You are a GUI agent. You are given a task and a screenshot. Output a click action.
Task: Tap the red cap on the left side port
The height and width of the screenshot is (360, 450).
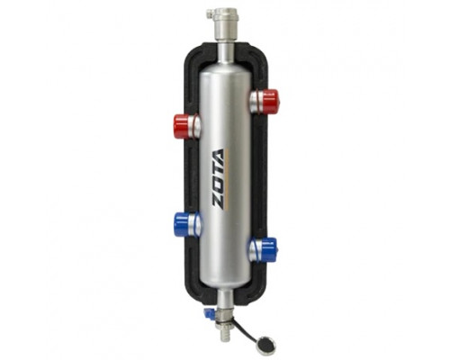pyautogui.click(x=182, y=126)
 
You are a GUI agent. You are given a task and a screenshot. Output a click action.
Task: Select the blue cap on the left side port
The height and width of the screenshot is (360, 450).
pyautogui.click(x=182, y=223)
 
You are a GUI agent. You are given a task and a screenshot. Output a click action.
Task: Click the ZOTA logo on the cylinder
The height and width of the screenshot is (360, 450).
pyautogui.click(x=219, y=178)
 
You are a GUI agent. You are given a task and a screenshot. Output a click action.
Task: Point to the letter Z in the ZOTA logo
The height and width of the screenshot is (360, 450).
pyautogui.click(x=219, y=200)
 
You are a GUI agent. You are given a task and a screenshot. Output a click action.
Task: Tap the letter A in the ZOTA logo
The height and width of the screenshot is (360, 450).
pyautogui.click(x=219, y=156)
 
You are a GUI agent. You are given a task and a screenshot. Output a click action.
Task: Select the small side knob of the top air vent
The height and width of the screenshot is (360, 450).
pyautogui.click(x=210, y=13)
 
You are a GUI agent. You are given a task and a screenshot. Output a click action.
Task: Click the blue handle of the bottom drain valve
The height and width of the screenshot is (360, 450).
pyautogui.click(x=208, y=313)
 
